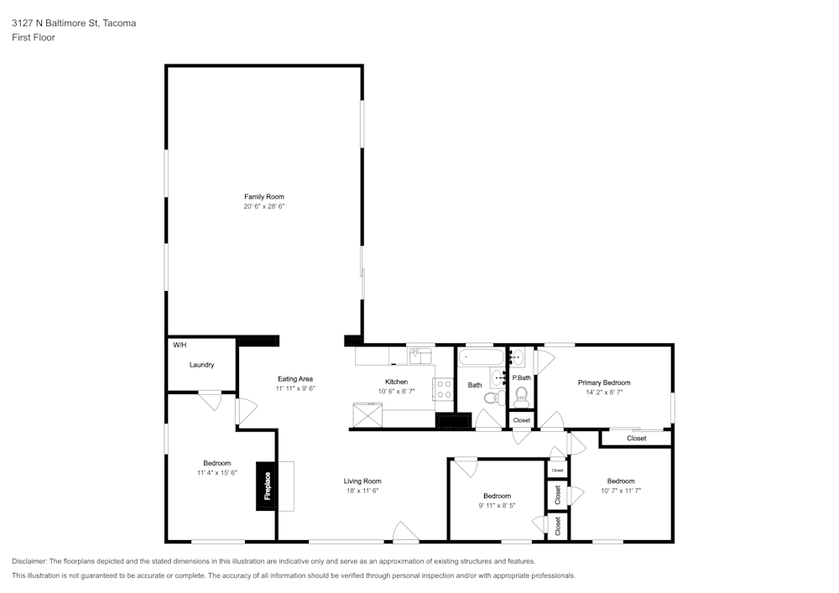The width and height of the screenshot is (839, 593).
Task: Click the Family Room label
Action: point(264,196)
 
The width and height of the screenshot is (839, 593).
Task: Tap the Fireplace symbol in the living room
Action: point(268,486)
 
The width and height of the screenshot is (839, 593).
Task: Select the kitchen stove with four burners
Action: point(442,389)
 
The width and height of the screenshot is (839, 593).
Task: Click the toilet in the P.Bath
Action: point(520,394)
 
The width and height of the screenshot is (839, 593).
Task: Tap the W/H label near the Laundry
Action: point(180,346)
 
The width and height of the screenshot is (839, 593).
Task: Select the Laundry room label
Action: point(201,365)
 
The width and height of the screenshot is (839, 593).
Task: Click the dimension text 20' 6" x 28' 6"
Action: point(264,206)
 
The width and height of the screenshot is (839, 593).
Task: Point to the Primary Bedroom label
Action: point(603,382)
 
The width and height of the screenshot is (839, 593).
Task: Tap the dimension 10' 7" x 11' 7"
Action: point(620,491)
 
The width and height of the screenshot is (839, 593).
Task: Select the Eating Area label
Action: point(294,379)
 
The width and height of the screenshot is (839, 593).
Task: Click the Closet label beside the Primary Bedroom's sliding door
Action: point(636,438)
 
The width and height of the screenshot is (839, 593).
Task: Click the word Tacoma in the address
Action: point(119,23)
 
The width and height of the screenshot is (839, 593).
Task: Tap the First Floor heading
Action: point(34,38)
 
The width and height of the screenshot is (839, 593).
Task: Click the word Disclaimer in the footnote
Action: point(31,561)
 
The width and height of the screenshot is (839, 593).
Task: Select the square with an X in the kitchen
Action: point(367,414)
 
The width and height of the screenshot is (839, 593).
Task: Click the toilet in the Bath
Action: point(502,396)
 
